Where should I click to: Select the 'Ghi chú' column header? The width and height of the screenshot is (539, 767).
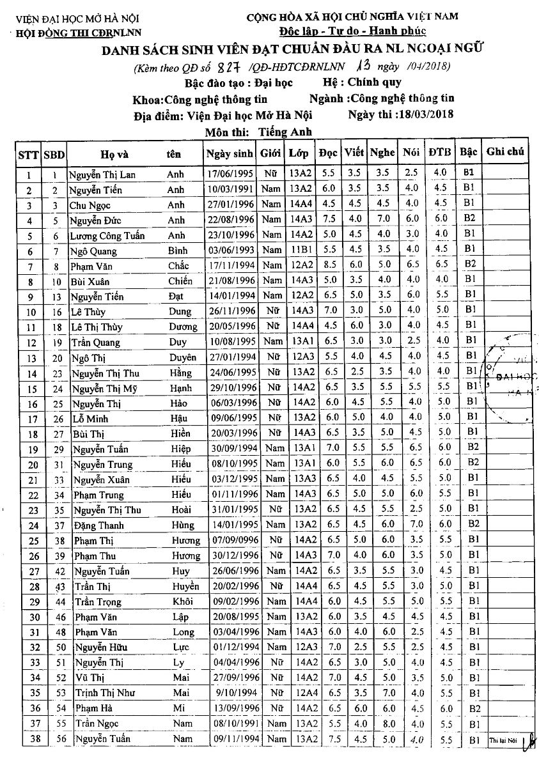click(x=505, y=151)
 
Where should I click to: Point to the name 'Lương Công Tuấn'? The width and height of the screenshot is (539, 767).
click(x=107, y=235)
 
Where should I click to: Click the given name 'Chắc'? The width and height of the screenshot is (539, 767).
click(x=178, y=266)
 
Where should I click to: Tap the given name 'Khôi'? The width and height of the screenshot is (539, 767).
click(x=182, y=601)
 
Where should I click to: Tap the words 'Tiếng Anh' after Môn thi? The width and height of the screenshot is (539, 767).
click(x=285, y=132)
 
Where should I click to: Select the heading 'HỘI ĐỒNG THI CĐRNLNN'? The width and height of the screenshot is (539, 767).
click(x=80, y=33)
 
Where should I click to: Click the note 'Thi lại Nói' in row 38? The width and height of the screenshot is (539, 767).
click(x=503, y=740)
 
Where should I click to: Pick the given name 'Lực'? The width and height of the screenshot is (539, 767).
click(x=182, y=647)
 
